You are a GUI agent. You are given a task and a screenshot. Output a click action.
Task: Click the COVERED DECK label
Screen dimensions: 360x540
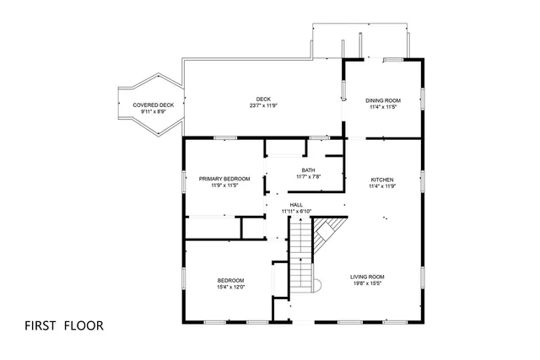pos(148,105)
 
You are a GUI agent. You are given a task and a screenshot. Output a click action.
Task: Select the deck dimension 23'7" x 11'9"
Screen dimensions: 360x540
pos(264,106)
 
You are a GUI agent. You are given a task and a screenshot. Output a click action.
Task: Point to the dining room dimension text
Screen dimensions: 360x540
pos(382,107)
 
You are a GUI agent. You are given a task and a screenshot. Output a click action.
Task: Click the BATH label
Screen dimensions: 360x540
pos(309,170)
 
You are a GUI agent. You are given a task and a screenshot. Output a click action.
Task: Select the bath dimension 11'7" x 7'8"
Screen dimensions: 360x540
pos(309,177)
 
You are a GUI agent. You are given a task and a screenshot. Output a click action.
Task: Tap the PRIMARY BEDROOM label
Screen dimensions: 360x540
pos(224,179)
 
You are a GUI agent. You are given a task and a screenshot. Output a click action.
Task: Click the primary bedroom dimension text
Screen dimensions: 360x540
pos(224,185)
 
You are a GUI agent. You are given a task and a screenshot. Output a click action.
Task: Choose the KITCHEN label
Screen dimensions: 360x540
pos(382,180)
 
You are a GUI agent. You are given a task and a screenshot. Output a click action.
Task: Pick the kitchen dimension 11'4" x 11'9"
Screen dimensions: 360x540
pos(382,186)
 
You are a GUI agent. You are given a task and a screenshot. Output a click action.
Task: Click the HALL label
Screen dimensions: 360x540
pos(296,204)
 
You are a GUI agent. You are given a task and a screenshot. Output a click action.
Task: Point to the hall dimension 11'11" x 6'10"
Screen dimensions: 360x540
pos(296,211)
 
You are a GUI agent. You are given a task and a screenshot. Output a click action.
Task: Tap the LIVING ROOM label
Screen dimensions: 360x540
pos(368,277)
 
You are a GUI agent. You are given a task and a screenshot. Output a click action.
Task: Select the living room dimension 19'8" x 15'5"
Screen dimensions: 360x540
pos(368,284)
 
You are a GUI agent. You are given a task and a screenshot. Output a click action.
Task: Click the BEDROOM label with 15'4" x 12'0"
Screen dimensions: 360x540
pos(230,280)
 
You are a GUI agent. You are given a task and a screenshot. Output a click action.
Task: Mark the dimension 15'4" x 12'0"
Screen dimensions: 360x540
pos(230,287)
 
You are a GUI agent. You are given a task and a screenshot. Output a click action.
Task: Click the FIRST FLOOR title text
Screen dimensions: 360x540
pos(64,325)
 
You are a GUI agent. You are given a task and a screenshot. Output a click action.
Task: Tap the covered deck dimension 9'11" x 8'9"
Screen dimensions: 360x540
pos(148,111)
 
